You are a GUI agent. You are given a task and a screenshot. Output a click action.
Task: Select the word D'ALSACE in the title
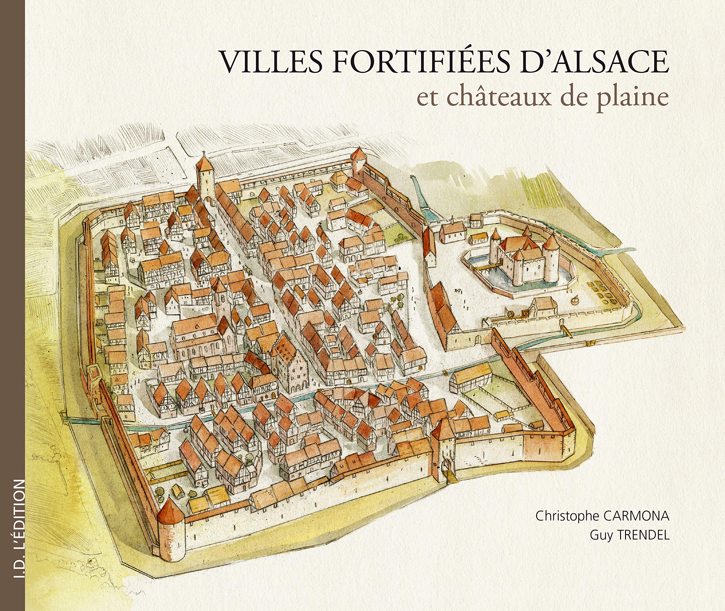pyautogui.click(x=594, y=62)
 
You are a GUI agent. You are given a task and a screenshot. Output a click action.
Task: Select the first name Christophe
pyautogui.click(x=567, y=516)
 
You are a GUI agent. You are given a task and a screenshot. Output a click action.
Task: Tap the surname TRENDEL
pyautogui.click(x=644, y=535)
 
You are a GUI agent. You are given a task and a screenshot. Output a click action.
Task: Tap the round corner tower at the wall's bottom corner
pyautogui.click(x=171, y=530)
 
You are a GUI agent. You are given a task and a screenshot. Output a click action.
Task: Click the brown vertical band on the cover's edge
pyautogui.click(x=12, y=242)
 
